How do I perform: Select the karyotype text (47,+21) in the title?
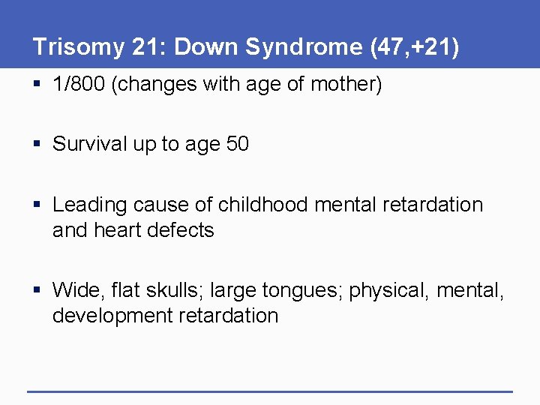coord(414,47)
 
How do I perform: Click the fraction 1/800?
coord(80,85)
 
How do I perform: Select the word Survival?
coord(90,144)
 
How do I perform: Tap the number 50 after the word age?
coord(237,144)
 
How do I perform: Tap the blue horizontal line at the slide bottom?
coord(270,391)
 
